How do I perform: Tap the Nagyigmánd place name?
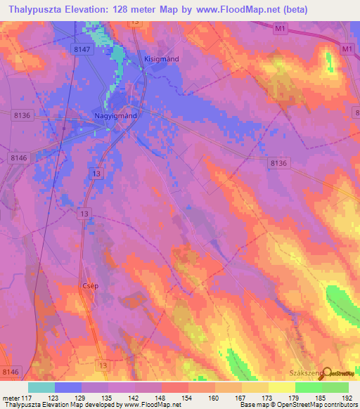[x=115, y=115]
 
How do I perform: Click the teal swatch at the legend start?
[x=41, y=387]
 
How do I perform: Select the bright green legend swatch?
[x=308, y=387]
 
